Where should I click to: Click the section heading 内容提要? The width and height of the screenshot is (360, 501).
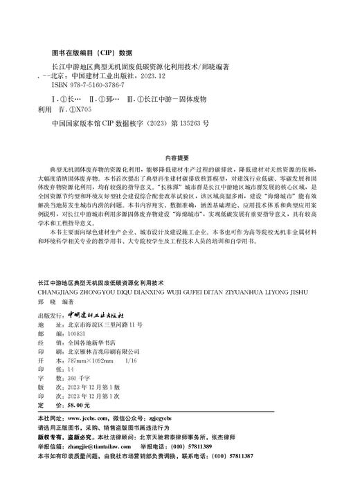click(x=179, y=158)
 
